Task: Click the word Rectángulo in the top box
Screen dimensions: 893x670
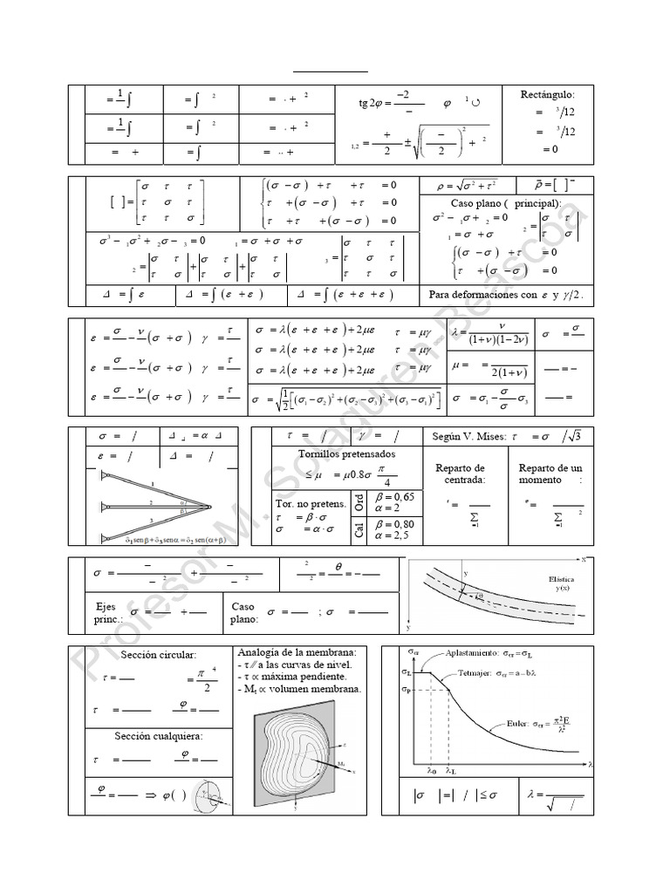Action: tap(547, 93)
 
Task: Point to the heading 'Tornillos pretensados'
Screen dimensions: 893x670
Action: tap(347, 453)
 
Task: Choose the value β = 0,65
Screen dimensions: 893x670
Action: tap(395, 496)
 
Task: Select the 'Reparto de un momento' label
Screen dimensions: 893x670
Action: tap(550, 474)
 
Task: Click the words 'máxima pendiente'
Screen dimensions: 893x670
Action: tap(311, 677)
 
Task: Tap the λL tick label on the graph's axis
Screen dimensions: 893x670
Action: tap(450, 772)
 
